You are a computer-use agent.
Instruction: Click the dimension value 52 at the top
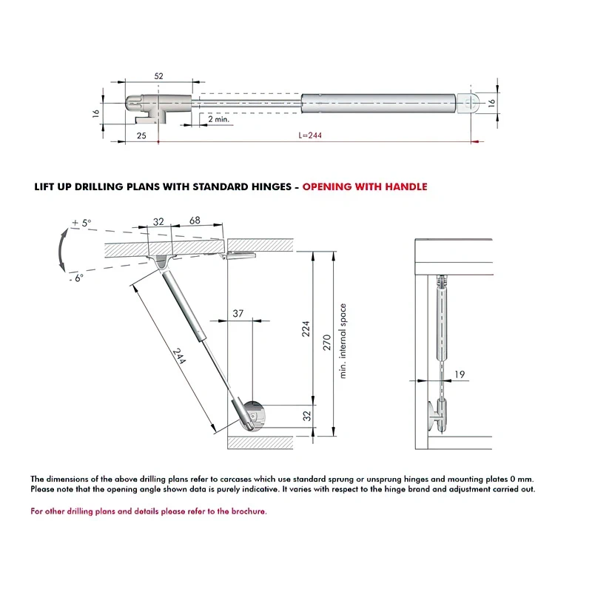(158, 75)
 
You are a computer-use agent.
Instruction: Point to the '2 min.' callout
(219, 118)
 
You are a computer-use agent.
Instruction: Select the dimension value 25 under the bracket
(141, 135)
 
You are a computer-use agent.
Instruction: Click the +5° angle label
(81, 222)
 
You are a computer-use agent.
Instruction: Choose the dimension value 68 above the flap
(195, 221)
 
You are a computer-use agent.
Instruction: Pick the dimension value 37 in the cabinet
(238, 314)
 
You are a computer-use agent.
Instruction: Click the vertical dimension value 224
(306, 328)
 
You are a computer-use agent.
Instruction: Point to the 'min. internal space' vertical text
(343, 341)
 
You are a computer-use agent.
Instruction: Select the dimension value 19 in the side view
(460, 374)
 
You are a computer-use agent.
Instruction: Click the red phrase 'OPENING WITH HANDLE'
(365, 187)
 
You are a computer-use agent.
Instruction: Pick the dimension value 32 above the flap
(158, 221)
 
